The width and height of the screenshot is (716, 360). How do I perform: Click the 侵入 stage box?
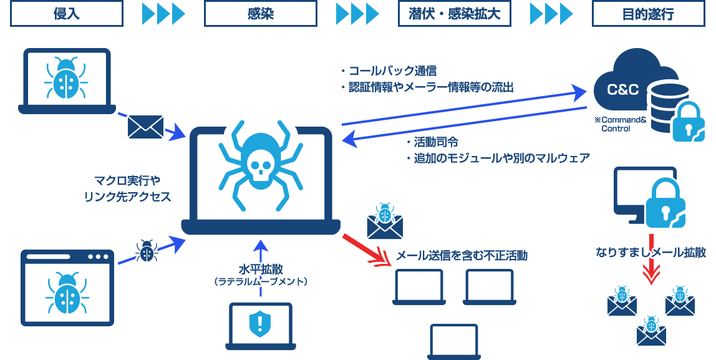(66, 13)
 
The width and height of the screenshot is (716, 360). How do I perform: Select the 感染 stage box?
(260, 13)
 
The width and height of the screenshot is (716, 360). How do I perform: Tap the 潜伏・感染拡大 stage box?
(455, 13)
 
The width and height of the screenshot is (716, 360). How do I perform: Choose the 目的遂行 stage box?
(648, 13)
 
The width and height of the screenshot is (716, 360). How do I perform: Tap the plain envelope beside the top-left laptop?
(145, 127)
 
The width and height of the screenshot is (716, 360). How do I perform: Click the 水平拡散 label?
(261, 269)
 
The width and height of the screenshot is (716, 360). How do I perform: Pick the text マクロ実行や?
(127, 181)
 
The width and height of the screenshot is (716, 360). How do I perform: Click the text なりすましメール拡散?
(651, 253)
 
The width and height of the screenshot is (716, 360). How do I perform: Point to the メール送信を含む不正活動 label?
(462, 255)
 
